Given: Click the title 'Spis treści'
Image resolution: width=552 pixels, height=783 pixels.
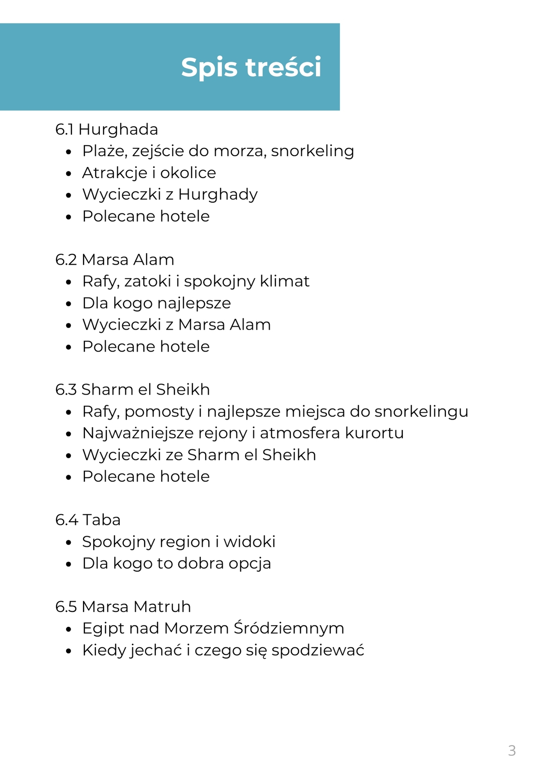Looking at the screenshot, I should click(251, 67).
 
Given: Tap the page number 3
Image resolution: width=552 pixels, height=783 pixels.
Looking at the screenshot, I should click(512, 751).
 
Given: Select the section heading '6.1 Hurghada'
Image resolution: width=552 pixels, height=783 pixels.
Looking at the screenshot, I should click(107, 130).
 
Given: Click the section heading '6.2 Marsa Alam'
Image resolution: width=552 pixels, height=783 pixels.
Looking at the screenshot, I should click(114, 260).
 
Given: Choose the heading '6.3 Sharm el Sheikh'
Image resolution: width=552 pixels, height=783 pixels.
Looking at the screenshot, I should click(132, 390).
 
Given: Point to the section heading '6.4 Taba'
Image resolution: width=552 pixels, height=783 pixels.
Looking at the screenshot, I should click(88, 520).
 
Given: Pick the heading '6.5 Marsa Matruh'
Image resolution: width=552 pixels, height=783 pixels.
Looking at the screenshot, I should click(123, 606).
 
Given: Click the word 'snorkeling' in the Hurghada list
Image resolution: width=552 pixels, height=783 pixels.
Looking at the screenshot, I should click(312, 151).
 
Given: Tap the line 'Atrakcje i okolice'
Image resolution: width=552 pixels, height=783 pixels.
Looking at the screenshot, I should click(149, 173).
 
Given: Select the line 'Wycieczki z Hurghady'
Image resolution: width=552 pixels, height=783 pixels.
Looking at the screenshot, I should click(170, 195).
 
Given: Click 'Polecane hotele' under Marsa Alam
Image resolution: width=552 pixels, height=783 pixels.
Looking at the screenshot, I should click(146, 346).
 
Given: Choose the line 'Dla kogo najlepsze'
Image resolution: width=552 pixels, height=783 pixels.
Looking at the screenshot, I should click(156, 303).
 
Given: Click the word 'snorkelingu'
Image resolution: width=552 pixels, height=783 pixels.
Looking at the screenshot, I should click(421, 411).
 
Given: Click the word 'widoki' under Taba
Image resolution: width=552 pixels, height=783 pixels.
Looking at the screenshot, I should click(250, 542).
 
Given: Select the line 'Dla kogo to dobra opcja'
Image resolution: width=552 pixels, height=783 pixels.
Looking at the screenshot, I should click(176, 563).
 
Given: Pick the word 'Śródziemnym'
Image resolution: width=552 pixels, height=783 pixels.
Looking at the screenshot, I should click(289, 628).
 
